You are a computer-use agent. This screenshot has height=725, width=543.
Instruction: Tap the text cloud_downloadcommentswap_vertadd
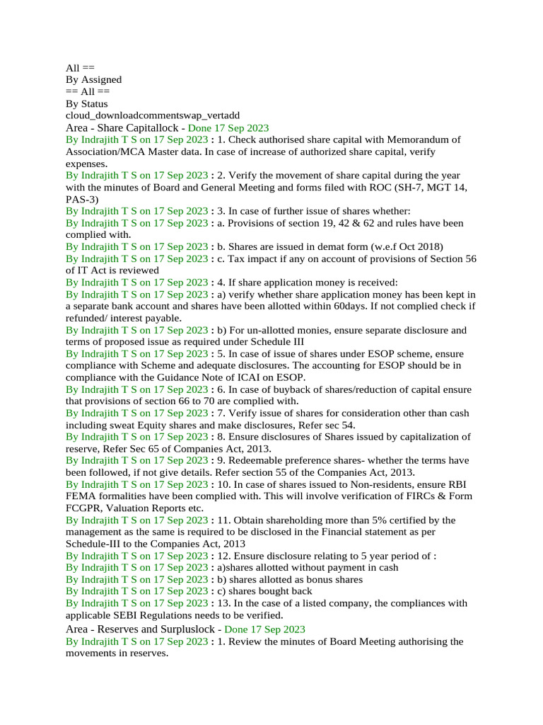click(x=152, y=115)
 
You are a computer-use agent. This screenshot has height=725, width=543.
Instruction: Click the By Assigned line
click(x=93, y=79)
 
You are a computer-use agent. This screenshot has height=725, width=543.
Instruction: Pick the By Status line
click(x=87, y=103)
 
